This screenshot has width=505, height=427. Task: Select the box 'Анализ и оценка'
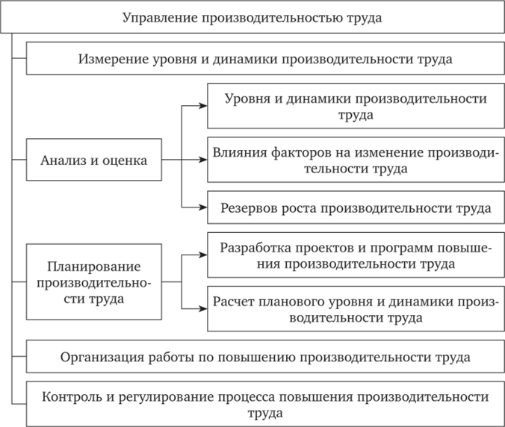click(x=94, y=160)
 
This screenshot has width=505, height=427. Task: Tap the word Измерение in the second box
click(x=113, y=59)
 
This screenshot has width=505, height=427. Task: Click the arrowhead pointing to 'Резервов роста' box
click(x=203, y=208)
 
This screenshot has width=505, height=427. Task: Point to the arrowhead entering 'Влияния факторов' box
click(x=203, y=160)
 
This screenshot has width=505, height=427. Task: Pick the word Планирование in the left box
click(x=94, y=267)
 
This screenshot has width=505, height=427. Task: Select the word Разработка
click(x=255, y=248)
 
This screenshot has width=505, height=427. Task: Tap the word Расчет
click(x=233, y=302)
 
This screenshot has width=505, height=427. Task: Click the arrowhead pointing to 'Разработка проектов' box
click(x=203, y=255)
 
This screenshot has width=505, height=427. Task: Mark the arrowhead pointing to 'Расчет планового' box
click(x=203, y=309)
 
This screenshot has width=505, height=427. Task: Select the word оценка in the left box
click(x=125, y=160)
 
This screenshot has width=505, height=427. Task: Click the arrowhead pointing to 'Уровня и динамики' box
click(x=203, y=105)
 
